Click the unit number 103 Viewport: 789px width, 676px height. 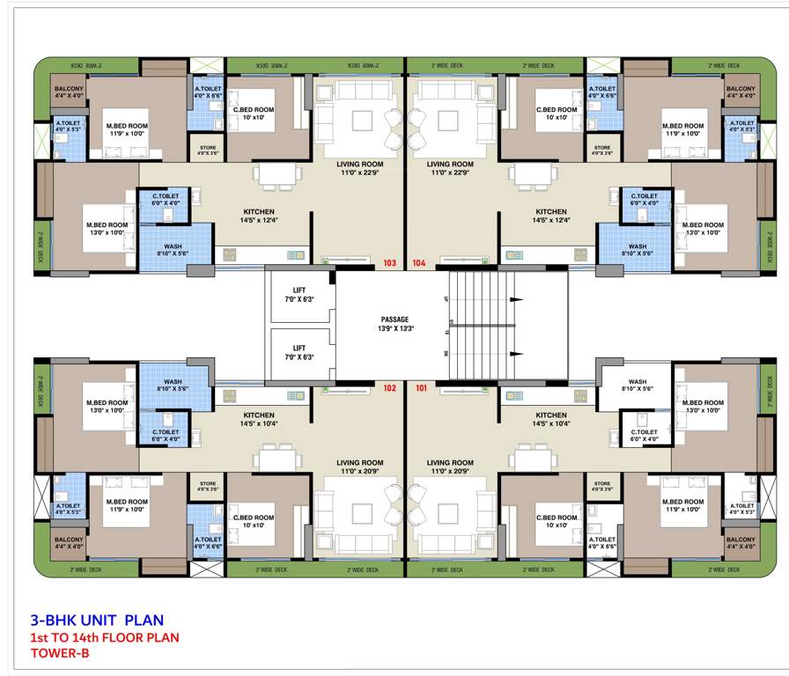(x=391, y=262)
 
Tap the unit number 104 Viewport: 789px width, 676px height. (x=419, y=262)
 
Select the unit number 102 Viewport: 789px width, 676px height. (x=391, y=387)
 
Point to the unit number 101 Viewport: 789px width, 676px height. (x=419, y=387)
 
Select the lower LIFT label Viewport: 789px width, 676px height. (x=299, y=349)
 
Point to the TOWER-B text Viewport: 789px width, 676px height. (x=59, y=653)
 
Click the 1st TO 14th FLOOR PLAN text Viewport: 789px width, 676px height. (x=105, y=636)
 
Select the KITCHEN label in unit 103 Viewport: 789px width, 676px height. (x=259, y=211)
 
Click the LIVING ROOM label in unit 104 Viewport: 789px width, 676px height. (x=450, y=165)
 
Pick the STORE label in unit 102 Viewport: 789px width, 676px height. (x=208, y=484)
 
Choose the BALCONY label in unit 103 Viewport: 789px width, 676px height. (x=69, y=89)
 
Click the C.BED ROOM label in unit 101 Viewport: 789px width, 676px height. (x=557, y=518)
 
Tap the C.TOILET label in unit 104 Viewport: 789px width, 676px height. (x=643, y=196)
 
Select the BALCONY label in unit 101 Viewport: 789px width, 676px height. (x=741, y=540)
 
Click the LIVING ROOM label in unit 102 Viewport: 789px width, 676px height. (x=359, y=462)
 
